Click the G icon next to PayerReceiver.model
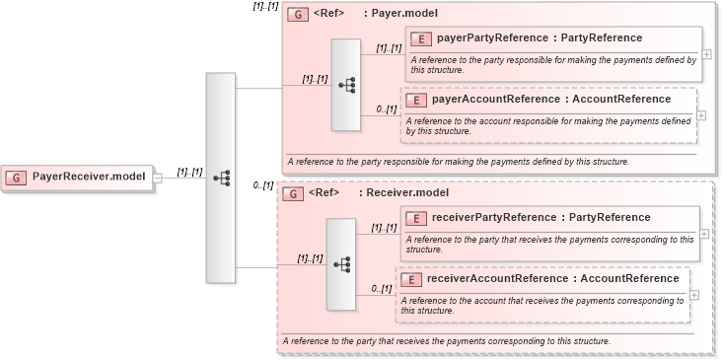pyautogui.click(x=17, y=178)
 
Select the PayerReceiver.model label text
pyautogui.click(x=89, y=178)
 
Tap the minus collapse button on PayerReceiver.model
pyautogui.click(x=158, y=179)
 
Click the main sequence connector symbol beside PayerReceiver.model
pyautogui.click(x=221, y=178)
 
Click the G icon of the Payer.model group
pyautogui.click(x=296, y=15)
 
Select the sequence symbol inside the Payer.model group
pyautogui.click(x=346, y=86)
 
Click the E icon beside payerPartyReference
pyautogui.click(x=421, y=38)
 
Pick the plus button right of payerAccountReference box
pyautogui.click(x=701, y=114)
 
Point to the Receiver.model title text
pyautogui.click(x=398, y=193)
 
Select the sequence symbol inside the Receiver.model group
pyautogui.click(x=341, y=264)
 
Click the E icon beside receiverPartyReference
pyautogui.click(x=417, y=218)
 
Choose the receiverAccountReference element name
pyautogui.click(x=552, y=279)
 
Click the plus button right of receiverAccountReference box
pyautogui.click(x=695, y=294)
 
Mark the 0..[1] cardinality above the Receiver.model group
pyautogui.click(x=262, y=185)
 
